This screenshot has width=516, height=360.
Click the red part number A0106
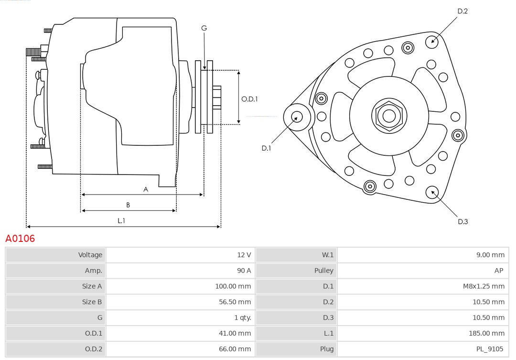click(20, 238)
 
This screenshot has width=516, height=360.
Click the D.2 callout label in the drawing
click(462, 11)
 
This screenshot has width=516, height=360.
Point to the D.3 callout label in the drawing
click(462, 221)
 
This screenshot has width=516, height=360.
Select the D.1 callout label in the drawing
click(266, 148)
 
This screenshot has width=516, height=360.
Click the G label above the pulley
click(204, 28)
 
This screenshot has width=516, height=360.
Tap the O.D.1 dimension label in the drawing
click(249, 99)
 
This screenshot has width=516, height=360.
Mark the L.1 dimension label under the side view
click(121, 220)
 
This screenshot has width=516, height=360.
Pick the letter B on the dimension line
click(128, 205)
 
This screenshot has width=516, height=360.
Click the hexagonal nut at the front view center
click(389, 115)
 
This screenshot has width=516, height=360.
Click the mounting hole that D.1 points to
click(296, 116)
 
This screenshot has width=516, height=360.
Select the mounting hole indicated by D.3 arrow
click(433, 192)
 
